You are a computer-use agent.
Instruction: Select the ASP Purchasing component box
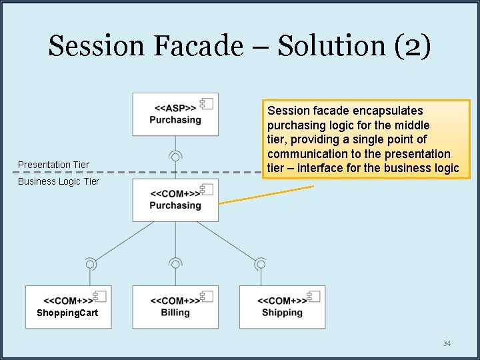pos(175,115)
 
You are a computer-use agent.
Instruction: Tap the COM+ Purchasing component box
pos(175,200)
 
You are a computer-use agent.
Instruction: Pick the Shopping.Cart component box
pos(68,307)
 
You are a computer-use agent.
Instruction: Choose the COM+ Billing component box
pos(175,307)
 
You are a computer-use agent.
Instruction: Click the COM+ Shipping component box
pos(282,307)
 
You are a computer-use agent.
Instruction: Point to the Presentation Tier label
pos(53,165)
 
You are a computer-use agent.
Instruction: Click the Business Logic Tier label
pos(59,181)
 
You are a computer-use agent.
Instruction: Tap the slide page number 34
pos(447,343)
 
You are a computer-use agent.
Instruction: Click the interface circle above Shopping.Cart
pos(89,264)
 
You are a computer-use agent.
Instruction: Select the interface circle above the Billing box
pos(175,264)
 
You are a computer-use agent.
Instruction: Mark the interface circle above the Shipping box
pos(261,264)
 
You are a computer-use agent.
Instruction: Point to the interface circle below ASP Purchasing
pos(175,157)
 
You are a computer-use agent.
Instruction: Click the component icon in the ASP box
pos(206,104)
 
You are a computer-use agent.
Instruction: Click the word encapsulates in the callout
pos(389,111)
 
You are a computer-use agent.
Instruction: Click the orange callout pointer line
pos(267,194)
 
